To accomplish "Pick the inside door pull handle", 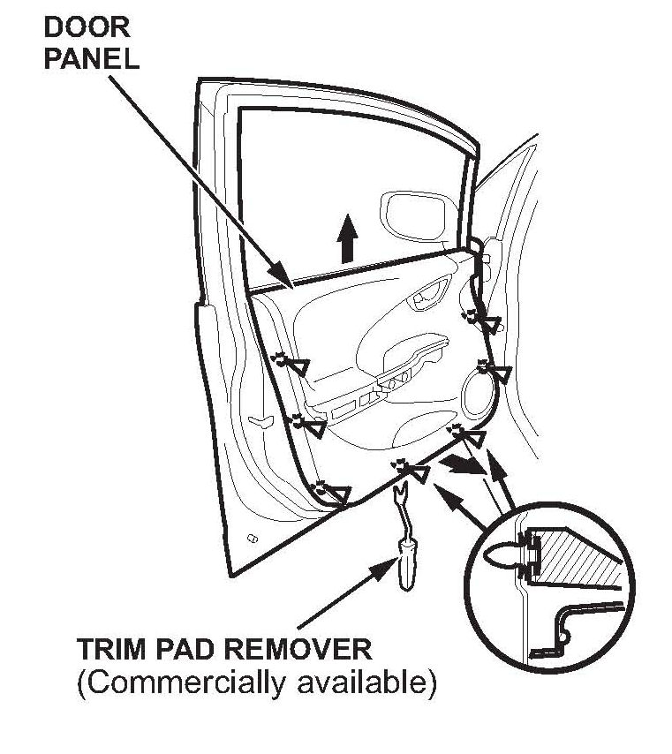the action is click(x=436, y=294).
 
